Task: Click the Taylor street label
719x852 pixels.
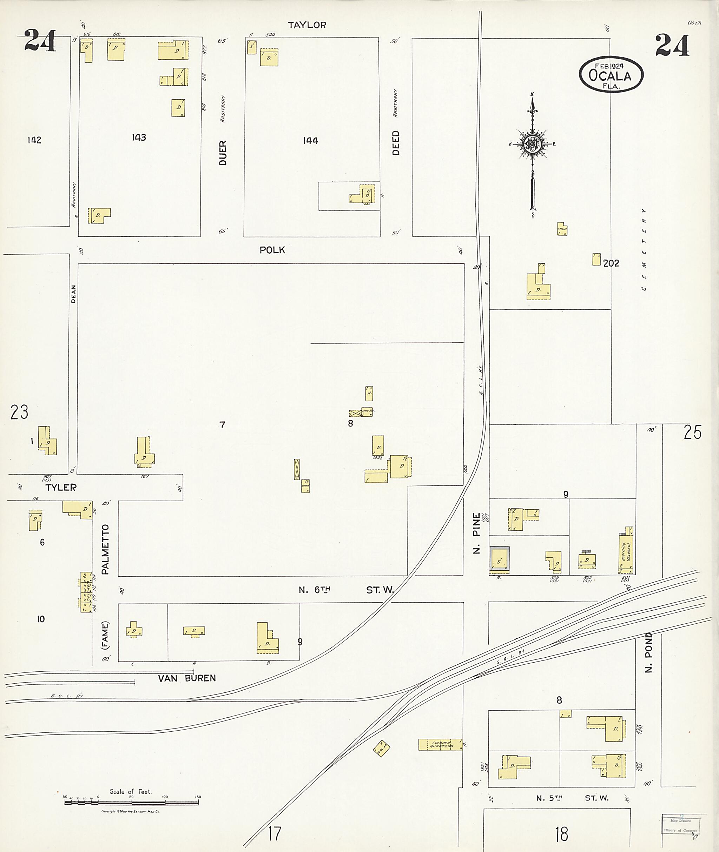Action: (x=307, y=25)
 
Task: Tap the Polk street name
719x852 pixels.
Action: (x=272, y=250)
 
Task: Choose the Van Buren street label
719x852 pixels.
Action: (x=187, y=678)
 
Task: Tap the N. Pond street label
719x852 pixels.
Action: (x=649, y=658)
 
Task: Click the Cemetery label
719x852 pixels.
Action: (x=644, y=249)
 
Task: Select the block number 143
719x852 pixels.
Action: (x=139, y=137)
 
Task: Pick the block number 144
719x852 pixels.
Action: (x=310, y=141)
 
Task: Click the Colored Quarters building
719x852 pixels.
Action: (x=441, y=744)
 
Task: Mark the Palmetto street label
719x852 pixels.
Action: (x=106, y=549)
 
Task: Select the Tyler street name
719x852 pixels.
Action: (x=61, y=488)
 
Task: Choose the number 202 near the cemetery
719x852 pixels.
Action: (x=611, y=263)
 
